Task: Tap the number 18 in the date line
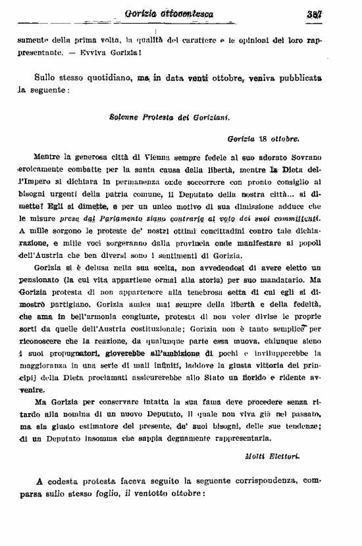click(263, 139)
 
